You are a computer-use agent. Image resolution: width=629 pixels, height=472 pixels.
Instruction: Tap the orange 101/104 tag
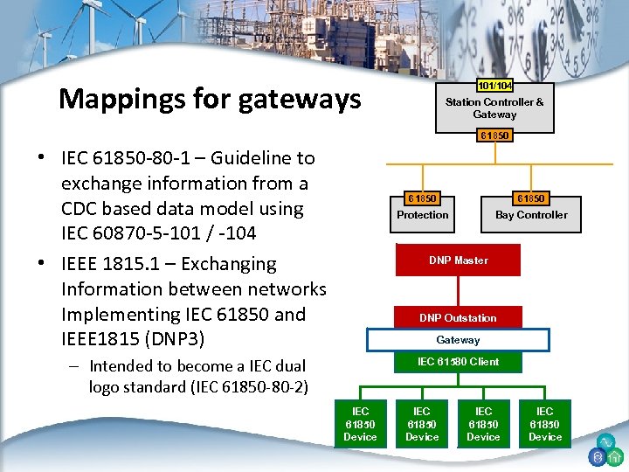pyautogui.click(x=494, y=86)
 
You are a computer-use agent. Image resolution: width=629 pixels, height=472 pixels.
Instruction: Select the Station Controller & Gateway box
pyautogui.click(x=494, y=108)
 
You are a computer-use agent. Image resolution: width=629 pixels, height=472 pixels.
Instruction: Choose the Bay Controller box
pyautogui.click(x=531, y=215)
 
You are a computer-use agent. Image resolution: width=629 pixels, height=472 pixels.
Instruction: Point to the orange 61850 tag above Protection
pyautogui.click(x=423, y=199)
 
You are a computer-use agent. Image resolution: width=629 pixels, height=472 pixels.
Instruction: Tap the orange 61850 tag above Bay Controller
pyautogui.click(x=531, y=199)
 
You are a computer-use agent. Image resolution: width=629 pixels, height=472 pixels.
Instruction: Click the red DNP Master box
pyautogui.click(x=459, y=260)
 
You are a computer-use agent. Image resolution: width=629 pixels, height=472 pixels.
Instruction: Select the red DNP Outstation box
pyautogui.click(x=458, y=318)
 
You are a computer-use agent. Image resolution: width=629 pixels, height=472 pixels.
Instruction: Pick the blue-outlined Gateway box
pyautogui.click(x=458, y=340)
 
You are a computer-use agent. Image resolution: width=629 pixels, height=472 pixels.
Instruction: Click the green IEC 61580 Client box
pyautogui.click(x=458, y=362)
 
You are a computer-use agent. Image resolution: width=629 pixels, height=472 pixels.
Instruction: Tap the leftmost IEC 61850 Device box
pyautogui.click(x=360, y=424)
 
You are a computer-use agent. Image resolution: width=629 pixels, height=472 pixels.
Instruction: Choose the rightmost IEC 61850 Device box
pyautogui.click(x=545, y=424)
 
